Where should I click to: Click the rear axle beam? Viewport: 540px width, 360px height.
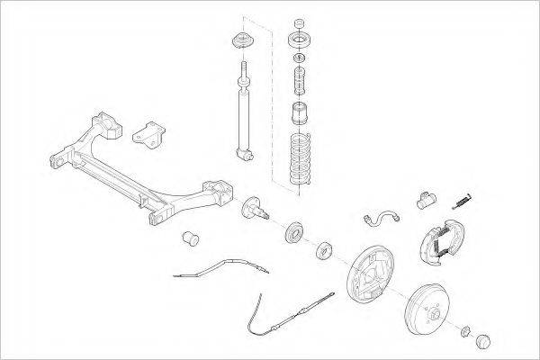(x=135, y=171)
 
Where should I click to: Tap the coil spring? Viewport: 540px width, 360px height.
(x=300, y=159)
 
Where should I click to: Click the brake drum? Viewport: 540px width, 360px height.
(x=431, y=307)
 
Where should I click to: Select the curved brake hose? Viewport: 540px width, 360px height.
(x=382, y=216)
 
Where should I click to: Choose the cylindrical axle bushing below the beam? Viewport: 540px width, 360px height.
(x=189, y=240)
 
